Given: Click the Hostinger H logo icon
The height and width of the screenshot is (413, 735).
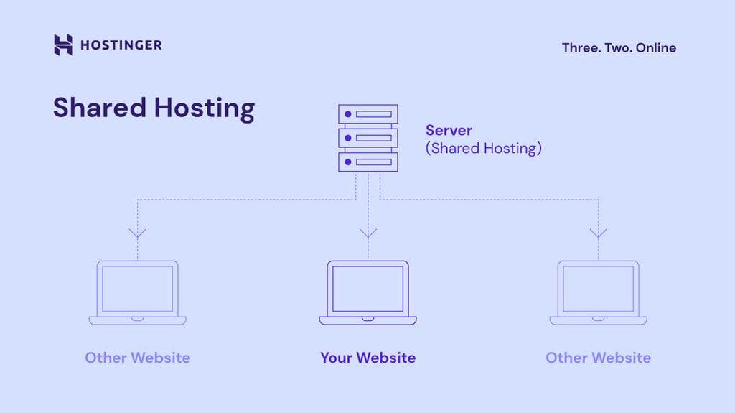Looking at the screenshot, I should coord(63,45).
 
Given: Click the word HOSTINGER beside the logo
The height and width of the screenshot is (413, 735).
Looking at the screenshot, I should coord(121,45).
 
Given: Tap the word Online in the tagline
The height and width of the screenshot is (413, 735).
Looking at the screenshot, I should coord(655,48).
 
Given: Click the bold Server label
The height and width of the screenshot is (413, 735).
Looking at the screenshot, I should coord(449,131).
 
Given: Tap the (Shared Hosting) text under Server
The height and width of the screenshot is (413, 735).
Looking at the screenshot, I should coord(483,149).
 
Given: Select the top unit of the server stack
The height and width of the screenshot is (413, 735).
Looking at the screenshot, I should coord(367,114).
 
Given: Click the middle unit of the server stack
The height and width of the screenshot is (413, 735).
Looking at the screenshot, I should coord(367,137).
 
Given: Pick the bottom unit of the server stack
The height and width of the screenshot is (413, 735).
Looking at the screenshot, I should coord(367,161).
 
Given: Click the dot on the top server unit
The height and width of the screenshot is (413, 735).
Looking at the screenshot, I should coord(348,114).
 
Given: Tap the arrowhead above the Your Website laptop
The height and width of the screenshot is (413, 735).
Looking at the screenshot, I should coord(367,233).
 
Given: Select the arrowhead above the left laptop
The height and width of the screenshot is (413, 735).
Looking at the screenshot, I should coord(137,233).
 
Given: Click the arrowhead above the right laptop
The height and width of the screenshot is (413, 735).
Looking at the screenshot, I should coord(598,233).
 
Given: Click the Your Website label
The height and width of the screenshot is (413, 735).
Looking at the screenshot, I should coord(367,358).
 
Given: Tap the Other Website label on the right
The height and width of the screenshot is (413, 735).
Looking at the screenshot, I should coord(598,358).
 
